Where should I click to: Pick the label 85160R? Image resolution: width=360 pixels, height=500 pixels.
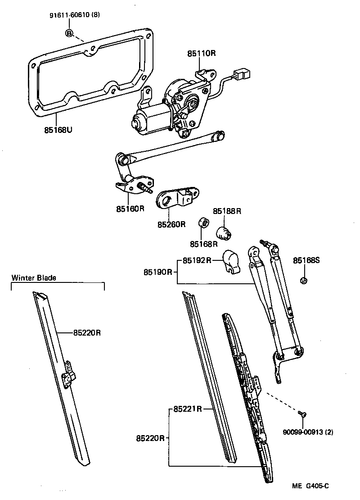click(130, 209)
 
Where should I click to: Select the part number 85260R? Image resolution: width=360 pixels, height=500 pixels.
click(171, 224)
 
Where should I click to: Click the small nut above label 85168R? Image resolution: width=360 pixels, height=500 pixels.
click(204, 223)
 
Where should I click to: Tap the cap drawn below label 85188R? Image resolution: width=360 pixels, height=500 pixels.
click(224, 233)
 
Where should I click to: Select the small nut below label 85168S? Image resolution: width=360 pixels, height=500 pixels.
click(303, 281)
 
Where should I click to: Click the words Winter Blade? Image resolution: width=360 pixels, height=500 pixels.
click(34, 278)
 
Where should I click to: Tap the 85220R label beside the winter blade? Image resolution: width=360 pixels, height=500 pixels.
click(87, 333)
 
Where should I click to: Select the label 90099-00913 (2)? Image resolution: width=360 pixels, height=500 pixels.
click(308, 432)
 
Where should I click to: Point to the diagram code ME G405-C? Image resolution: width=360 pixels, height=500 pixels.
click(310, 486)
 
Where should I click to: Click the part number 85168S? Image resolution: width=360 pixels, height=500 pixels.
click(306, 260)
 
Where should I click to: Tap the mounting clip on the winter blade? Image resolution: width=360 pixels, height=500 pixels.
click(68, 372)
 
